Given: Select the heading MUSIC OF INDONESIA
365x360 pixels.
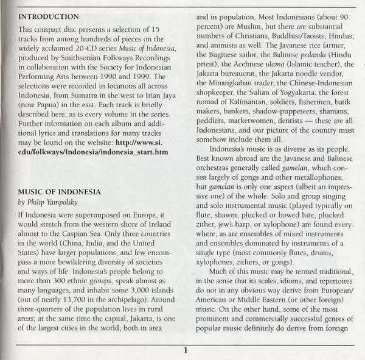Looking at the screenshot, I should coord(60,192).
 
